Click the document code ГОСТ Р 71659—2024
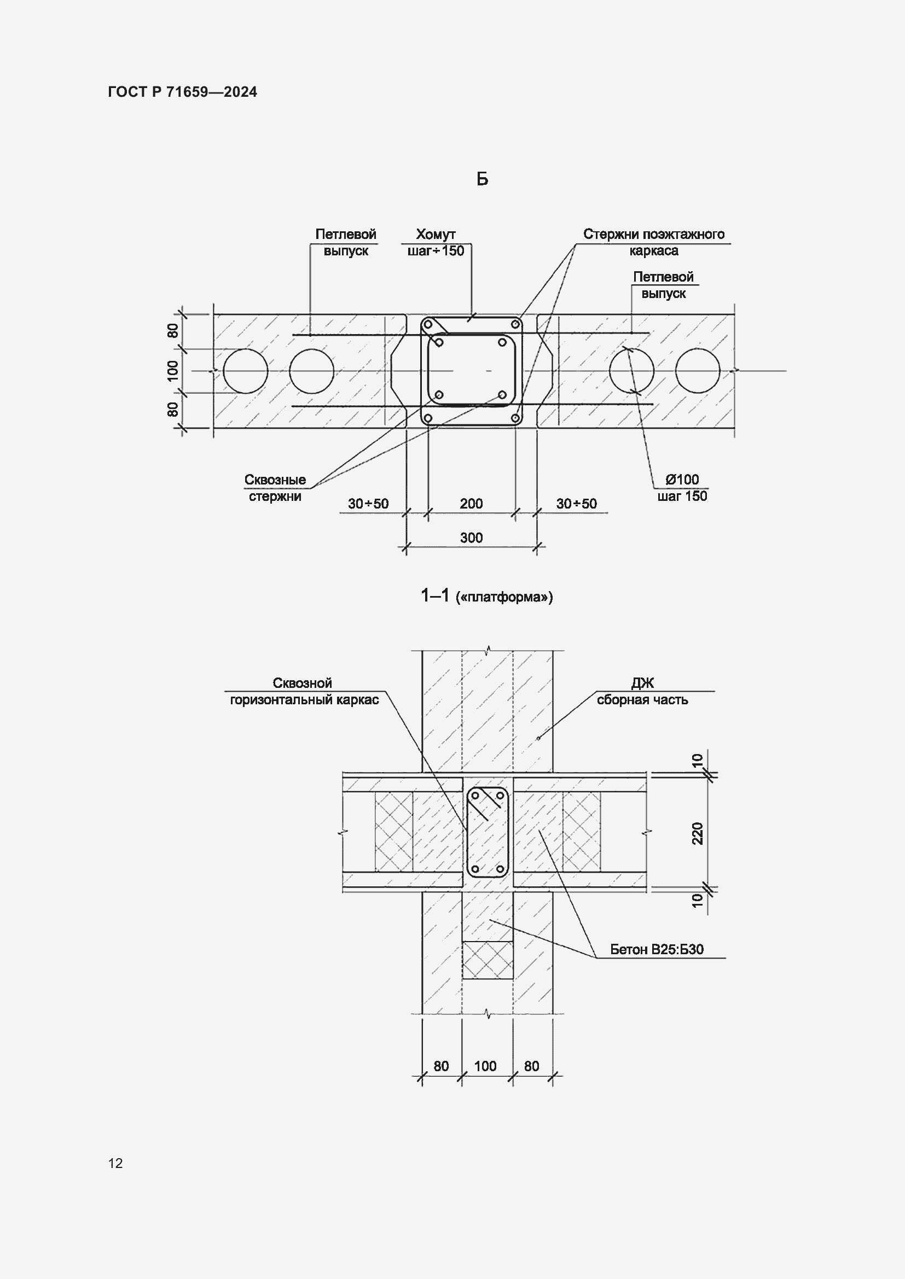(x=183, y=92)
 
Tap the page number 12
(x=115, y=1163)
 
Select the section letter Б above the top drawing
(x=482, y=178)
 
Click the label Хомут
(x=436, y=234)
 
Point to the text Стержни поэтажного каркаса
(x=654, y=242)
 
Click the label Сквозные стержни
(x=275, y=488)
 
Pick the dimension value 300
(x=472, y=538)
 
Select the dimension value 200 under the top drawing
(x=472, y=504)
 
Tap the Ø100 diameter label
(x=682, y=479)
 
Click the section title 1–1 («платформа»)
(x=487, y=596)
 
